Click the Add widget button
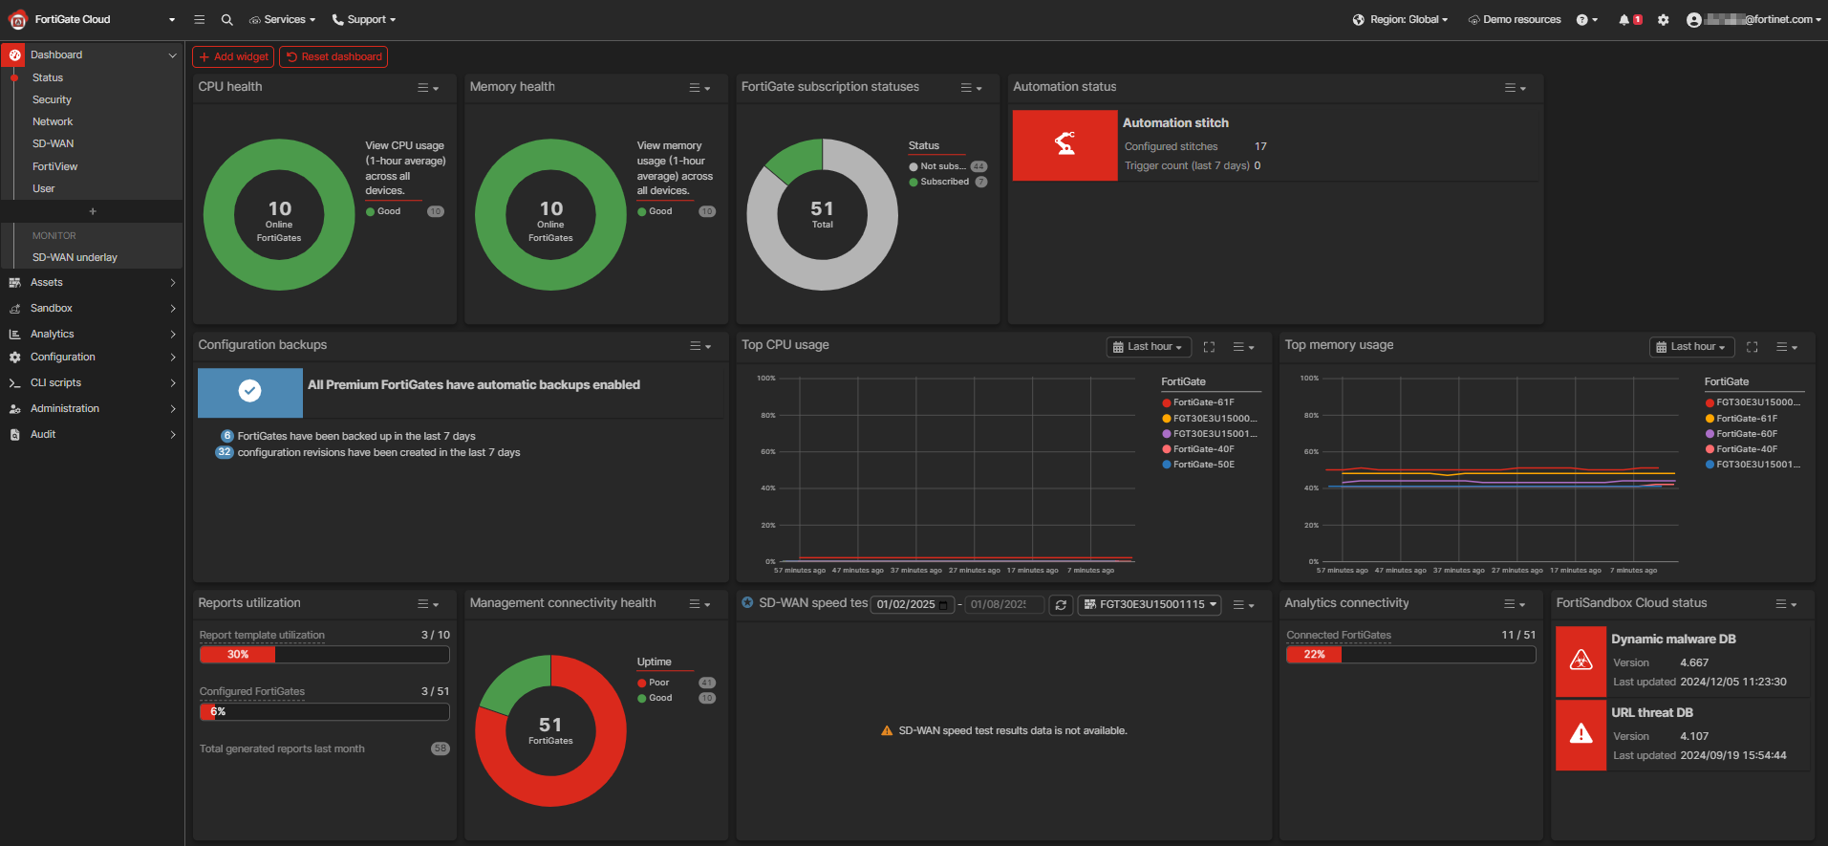[233, 56]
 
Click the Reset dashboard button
[333, 56]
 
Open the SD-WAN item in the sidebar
[53, 143]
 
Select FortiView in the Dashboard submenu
[54, 166]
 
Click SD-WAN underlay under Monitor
[75, 257]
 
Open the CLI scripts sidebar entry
[55, 382]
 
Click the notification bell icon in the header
[1624, 19]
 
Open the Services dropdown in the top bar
[284, 19]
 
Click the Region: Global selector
[1401, 19]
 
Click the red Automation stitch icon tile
[1065, 144]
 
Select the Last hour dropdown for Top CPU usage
[1149, 347]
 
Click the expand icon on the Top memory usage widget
[1752, 347]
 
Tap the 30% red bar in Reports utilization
[237, 655]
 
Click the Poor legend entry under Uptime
[658, 683]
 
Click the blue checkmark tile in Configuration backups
[249, 391]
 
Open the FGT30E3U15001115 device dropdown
[1150, 604]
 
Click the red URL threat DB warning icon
[1581, 734]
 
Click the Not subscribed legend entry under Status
[941, 166]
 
